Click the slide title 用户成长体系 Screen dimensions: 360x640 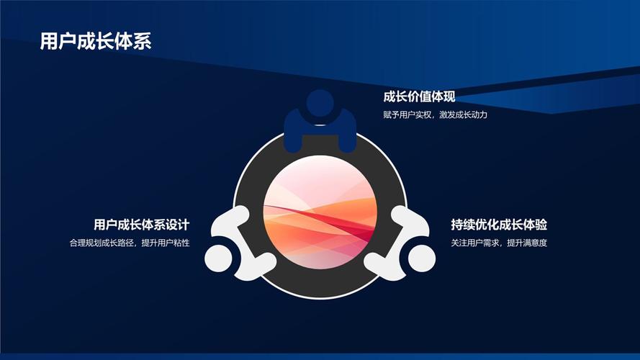click(96, 41)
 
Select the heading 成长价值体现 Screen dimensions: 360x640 click(419, 97)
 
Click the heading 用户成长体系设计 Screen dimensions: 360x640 click(146, 225)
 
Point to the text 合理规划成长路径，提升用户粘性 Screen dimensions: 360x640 click(130, 243)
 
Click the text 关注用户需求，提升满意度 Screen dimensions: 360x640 click(500, 243)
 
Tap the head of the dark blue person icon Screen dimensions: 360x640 click(320, 104)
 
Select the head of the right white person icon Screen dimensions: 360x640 click(422, 257)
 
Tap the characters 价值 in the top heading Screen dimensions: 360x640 click(419, 97)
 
